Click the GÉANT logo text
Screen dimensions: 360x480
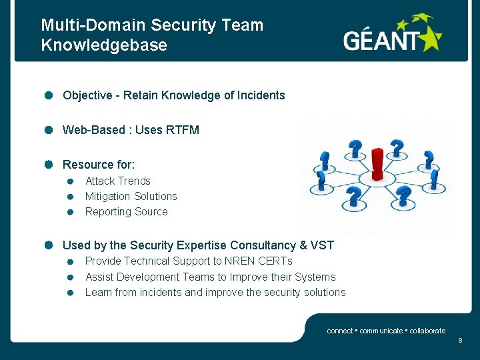click(x=383, y=41)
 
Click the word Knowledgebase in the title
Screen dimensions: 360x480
click(x=104, y=45)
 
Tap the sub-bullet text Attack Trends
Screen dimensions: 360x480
click(x=118, y=181)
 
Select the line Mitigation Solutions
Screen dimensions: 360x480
click(x=131, y=196)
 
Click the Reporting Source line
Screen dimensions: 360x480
click(x=127, y=211)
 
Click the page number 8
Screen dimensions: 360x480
click(x=460, y=341)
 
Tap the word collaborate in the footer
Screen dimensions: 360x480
click(x=427, y=331)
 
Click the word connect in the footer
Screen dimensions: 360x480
click(x=339, y=331)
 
